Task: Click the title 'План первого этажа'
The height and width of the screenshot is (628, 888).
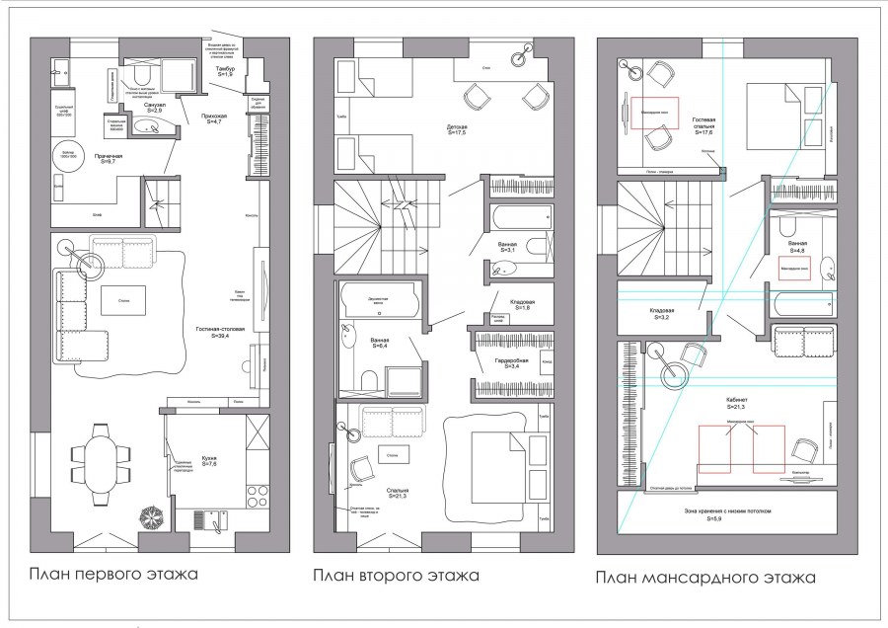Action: (x=113, y=574)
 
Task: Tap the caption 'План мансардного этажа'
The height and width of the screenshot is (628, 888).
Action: (x=705, y=577)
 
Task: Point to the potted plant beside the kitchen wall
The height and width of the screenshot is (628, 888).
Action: (x=152, y=518)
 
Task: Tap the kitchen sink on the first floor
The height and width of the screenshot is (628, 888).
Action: (x=208, y=518)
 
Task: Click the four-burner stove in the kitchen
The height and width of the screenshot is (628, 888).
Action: (x=259, y=495)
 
